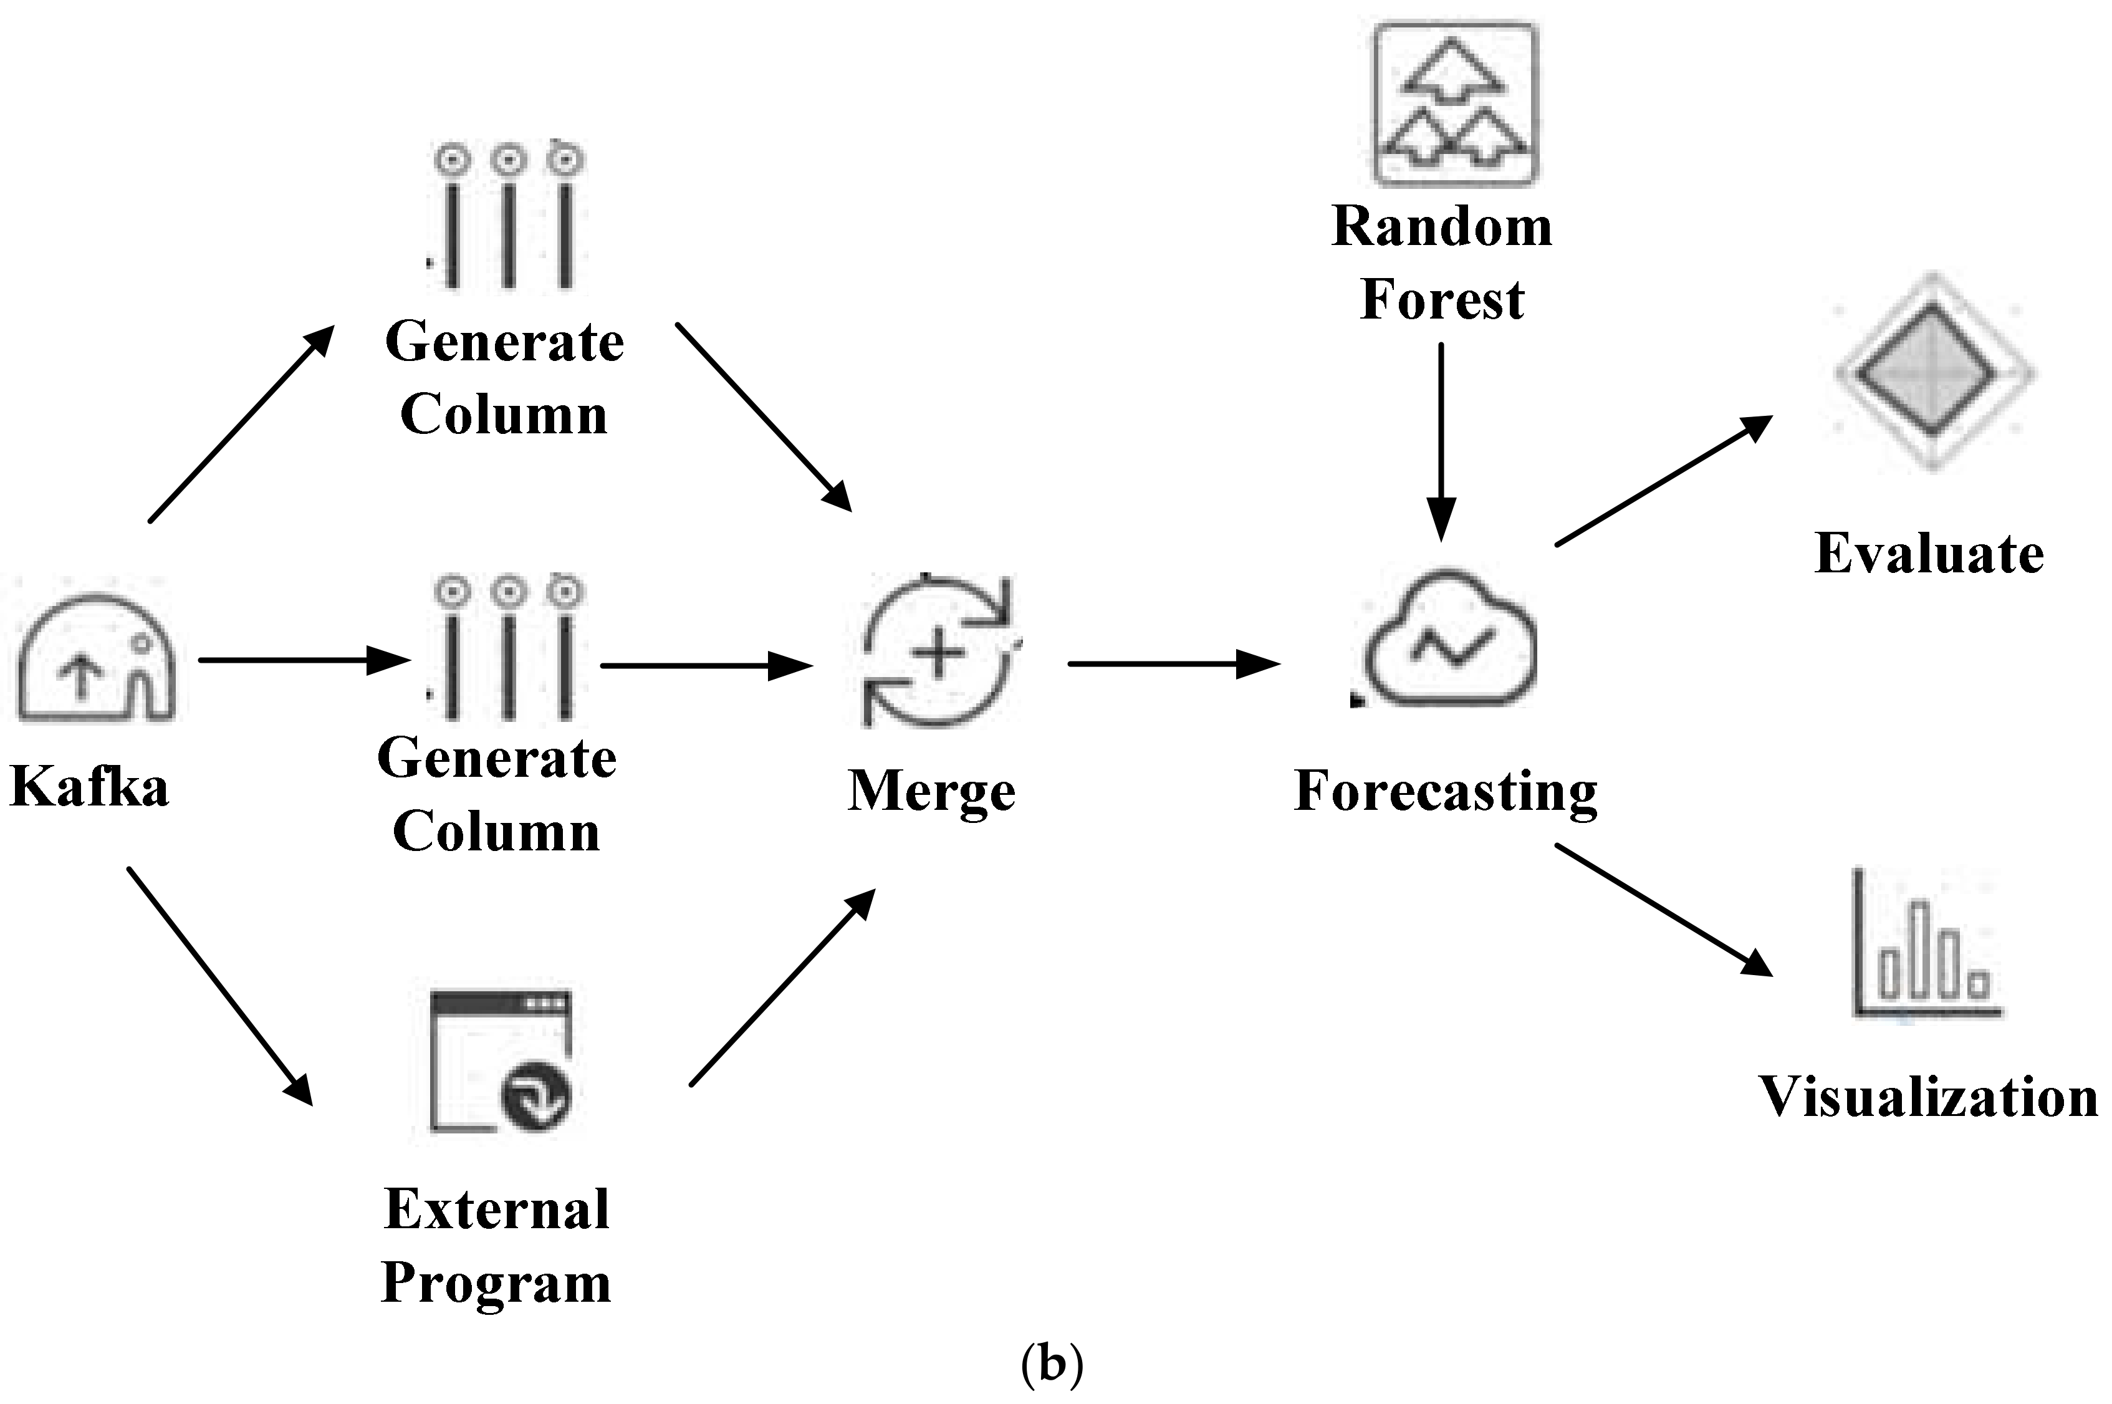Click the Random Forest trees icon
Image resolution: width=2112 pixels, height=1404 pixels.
coord(1456,105)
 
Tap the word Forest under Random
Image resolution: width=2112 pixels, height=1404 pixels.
coord(1441,300)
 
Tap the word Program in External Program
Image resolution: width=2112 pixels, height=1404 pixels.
coord(496,1283)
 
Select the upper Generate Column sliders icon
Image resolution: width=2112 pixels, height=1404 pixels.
coord(507,217)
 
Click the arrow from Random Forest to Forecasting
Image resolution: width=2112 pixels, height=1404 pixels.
coord(1441,439)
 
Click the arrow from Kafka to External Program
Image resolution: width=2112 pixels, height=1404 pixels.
coord(219,985)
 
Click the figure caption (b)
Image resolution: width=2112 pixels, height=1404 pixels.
coord(1052,1363)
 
